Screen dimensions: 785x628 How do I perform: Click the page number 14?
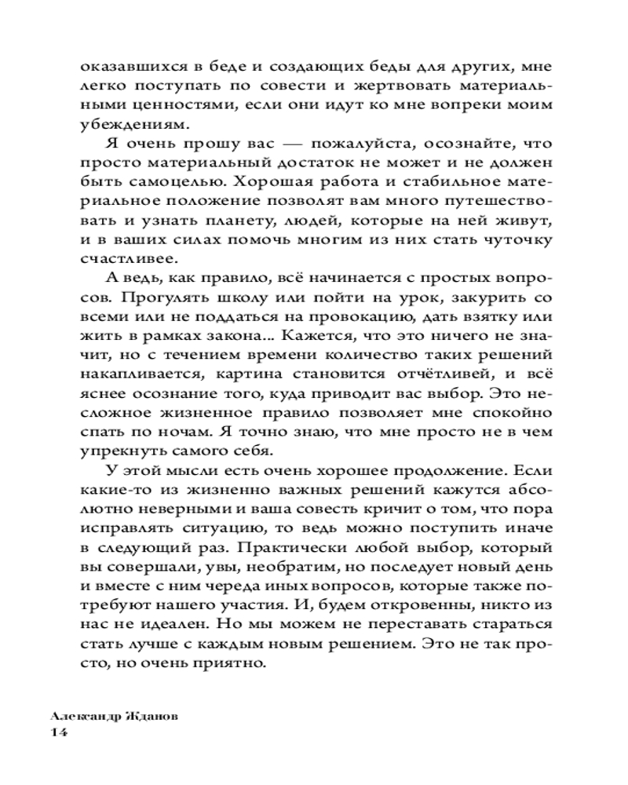(59, 732)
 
